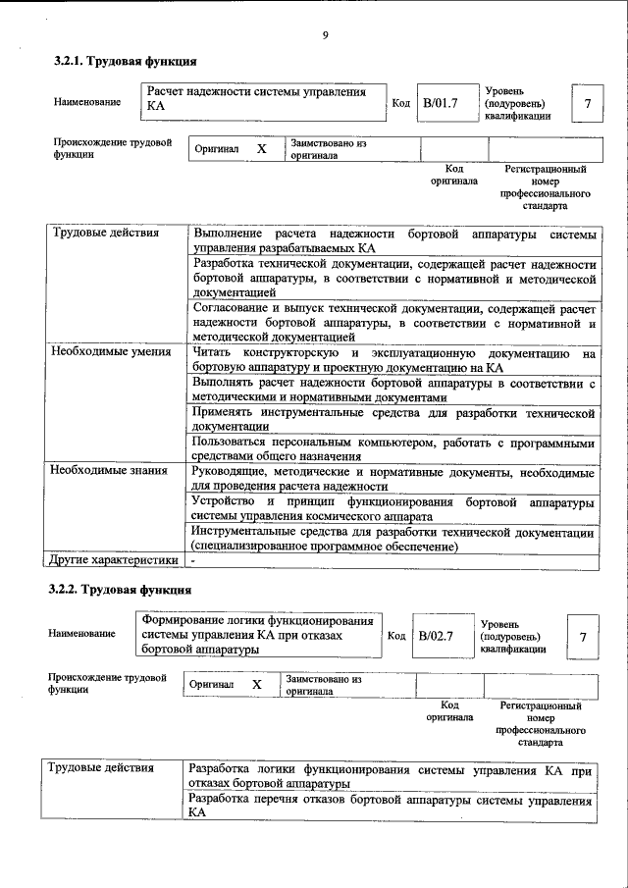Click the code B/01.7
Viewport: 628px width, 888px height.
point(441,102)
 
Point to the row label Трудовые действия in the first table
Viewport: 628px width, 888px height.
point(96,234)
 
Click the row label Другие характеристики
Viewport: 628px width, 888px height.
point(114,560)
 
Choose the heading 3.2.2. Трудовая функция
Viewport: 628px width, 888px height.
point(119,590)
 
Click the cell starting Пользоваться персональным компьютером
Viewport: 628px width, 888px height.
point(393,450)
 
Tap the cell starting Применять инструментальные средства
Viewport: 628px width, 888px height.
point(393,420)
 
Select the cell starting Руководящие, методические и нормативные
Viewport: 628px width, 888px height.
point(393,480)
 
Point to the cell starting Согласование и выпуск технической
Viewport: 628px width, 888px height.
point(393,322)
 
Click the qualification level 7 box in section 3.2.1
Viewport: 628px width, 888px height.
point(587,103)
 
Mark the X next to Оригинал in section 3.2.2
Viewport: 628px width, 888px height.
point(256,684)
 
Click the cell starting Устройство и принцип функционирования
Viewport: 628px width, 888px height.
point(393,508)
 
